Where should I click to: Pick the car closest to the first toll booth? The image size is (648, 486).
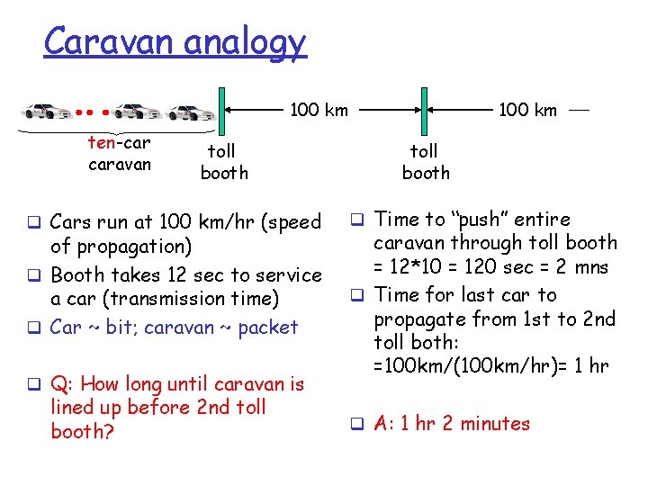point(191,112)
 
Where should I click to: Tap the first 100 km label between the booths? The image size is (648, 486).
point(319,111)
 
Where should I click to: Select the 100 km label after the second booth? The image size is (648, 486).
point(528,111)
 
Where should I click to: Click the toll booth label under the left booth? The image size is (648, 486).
point(223,162)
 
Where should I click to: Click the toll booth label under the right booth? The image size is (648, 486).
point(426,162)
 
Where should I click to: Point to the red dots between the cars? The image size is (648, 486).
point(93,113)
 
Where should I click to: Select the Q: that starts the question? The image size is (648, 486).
point(62,384)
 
